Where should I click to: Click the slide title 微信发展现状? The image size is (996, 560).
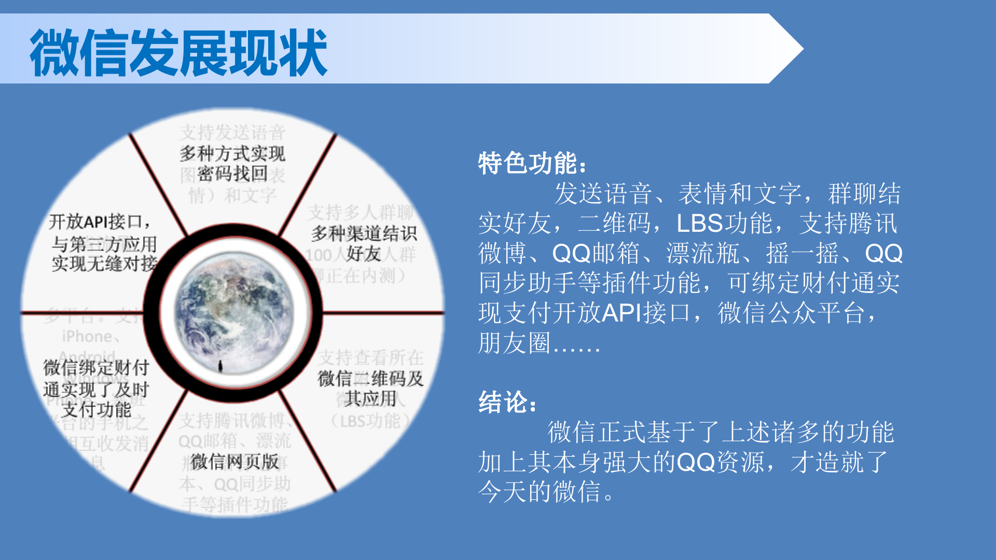point(178,52)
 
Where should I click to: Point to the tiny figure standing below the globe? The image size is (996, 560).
point(220,366)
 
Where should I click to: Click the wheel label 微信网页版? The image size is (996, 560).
point(234,461)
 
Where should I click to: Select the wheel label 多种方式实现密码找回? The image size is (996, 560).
point(232,163)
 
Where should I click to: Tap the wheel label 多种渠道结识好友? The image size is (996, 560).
point(364,243)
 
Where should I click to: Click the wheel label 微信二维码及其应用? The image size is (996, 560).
point(370,388)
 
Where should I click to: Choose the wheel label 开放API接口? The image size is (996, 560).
point(100,222)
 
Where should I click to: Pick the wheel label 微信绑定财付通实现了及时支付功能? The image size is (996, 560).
point(96,389)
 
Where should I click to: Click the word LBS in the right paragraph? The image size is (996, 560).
point(700,223)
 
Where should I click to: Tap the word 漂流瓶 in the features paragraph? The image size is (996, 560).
point(702,254)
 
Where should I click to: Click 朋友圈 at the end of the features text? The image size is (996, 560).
point(514,343)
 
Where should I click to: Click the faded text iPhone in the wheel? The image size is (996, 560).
point(87,337)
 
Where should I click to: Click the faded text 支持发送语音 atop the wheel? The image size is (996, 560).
point(232,133)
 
